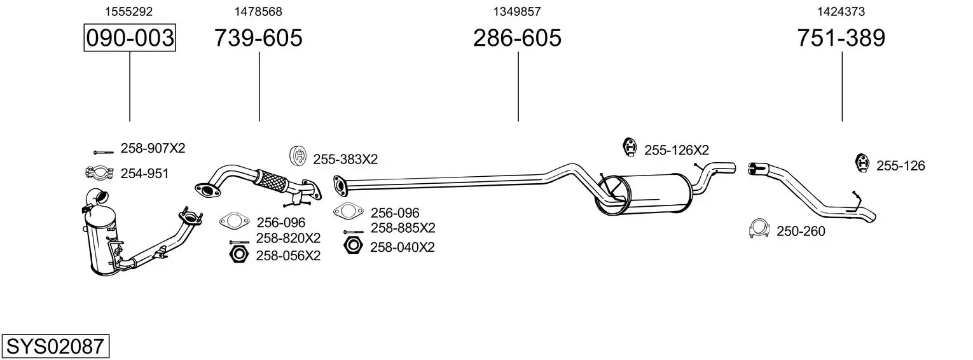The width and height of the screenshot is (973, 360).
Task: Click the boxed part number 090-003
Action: [x=130, y=38]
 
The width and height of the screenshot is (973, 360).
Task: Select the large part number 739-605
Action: [x=258, y=38]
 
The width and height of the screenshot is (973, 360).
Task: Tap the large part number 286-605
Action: [x=517, y=38]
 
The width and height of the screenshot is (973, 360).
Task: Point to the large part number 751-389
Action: [x=841, y=38]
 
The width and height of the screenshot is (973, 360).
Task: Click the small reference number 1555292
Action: [x=128, y=11]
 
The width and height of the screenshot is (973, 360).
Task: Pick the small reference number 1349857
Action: [x=517, y=11]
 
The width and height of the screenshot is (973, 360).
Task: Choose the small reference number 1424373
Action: [x=841, y=11]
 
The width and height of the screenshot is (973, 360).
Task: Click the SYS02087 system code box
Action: [x=55, y=347]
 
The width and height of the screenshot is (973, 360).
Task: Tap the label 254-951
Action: [x=144, y=173]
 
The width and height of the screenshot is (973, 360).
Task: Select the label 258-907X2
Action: [x=153, y=149]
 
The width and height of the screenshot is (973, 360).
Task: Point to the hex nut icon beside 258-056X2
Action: [x=237, y=254]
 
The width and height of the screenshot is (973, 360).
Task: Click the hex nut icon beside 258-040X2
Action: [x=352, y=246]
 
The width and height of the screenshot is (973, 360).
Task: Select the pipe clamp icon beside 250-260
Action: [x=759, y=229]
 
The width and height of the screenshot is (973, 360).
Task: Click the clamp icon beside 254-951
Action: [x=98, y=172]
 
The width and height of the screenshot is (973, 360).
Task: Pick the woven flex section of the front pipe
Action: [x=269, y=177]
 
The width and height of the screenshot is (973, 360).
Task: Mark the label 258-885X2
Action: [x=403, y=228]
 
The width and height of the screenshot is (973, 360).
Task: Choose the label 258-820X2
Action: [x=288, y=239]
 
